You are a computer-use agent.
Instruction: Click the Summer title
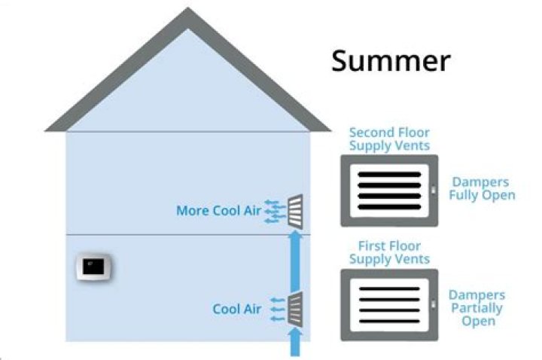point(391,61)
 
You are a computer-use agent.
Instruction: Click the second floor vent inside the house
point(296,209)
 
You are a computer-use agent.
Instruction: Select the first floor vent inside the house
point(296,309)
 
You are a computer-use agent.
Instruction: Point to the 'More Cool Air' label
point(218,211)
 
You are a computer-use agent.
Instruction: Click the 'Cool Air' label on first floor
point(236,309)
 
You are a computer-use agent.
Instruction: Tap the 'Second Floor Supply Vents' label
point(388,139)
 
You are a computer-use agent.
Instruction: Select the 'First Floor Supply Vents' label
point(388,252)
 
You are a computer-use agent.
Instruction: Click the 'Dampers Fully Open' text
point(483,188)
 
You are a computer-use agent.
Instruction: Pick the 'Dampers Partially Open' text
point(477,308)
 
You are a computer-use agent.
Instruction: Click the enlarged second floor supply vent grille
point(388,191)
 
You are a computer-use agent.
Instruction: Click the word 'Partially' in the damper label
point(477,308)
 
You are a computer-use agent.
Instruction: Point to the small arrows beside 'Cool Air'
point(276,309)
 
